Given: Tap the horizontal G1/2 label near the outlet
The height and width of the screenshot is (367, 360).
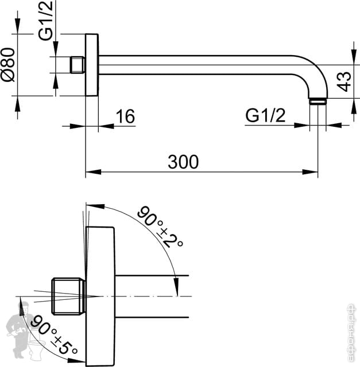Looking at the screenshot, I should coord(265,116).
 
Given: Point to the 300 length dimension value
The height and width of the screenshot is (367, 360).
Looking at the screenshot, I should coord(184,162).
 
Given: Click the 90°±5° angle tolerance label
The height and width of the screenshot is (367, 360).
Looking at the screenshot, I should coord(54,334).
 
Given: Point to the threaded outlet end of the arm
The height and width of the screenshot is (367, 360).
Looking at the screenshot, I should coord(318,101).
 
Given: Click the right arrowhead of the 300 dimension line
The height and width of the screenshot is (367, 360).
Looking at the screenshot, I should coord(313,171).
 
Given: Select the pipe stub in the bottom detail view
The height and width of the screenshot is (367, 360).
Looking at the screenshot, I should coord(152,296).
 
